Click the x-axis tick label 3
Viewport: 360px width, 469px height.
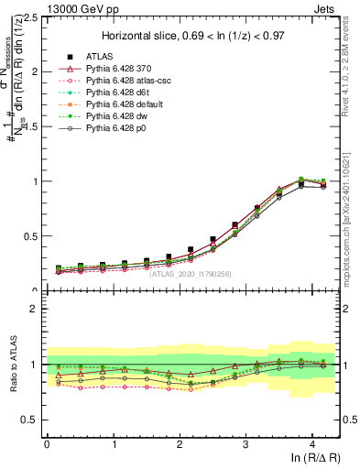(246, 444)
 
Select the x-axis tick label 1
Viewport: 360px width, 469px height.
(114, 444)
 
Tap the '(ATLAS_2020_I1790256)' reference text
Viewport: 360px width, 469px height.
(190, 272)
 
